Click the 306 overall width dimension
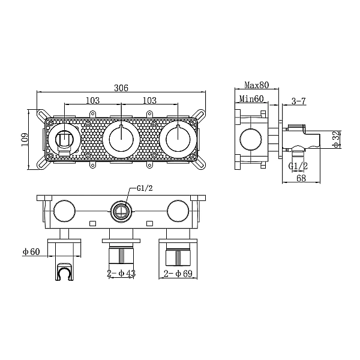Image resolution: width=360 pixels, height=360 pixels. click(121, 88)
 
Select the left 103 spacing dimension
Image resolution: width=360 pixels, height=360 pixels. click(93, 100)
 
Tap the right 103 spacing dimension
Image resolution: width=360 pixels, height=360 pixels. click(149, 100)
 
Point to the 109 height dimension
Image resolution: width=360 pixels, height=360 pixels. click(25, 139)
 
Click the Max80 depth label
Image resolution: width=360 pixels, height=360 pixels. click(256, 85)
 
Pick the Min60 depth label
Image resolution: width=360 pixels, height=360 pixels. click(251, 99)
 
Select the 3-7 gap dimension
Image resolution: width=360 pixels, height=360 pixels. click(299, 101)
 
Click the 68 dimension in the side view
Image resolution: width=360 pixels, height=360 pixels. click(301, 178)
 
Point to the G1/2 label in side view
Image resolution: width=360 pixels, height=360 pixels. click(298, 166)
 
